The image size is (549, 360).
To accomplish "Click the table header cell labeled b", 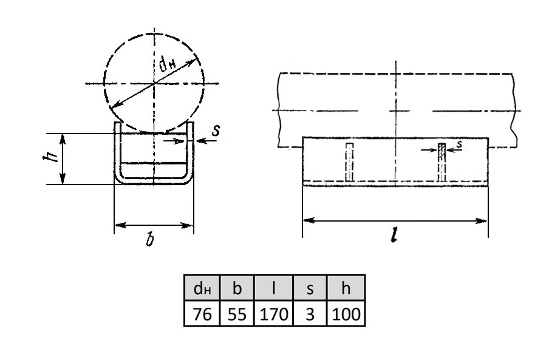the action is click(237, 288).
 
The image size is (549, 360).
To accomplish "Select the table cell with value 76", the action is click(202, 313).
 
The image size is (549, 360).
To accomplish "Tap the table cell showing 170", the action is click(273, 313).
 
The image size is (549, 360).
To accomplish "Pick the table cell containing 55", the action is click(237, 313).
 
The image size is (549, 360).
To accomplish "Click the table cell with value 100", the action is click(346, 313).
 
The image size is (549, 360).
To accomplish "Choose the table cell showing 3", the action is click(310, 313).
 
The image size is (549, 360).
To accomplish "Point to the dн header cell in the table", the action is click(202, 288).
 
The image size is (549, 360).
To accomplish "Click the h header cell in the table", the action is click(346, 288).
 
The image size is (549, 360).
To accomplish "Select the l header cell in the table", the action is click(273, 288).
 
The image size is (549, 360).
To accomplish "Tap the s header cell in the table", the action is click(310, 288).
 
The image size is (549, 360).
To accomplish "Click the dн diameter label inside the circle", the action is click(168, 63).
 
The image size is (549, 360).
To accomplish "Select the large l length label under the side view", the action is click(394, 235).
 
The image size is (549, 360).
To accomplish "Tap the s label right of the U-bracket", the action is click(216, 131).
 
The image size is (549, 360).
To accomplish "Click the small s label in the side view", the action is click(459, 144).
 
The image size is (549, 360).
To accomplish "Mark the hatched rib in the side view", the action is click(442, 162).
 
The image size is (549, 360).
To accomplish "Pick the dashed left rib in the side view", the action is click(349, 162).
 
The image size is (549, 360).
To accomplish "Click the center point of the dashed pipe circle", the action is click(154, 84).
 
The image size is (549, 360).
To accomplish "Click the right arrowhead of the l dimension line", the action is click(483, 221).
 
